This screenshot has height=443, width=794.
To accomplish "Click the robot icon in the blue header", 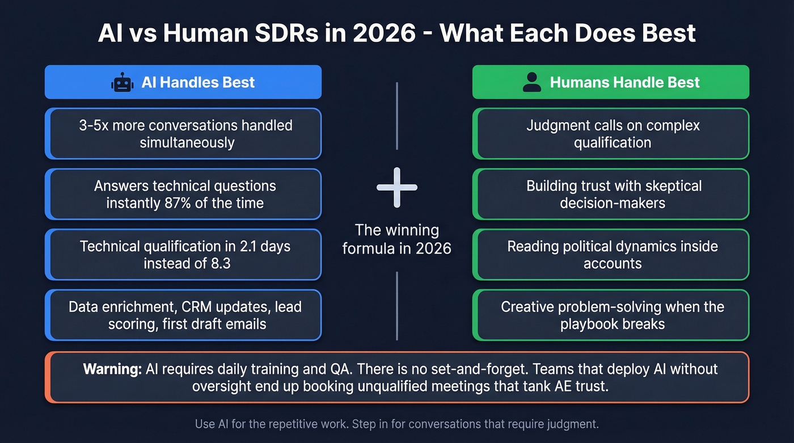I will pos(123,83).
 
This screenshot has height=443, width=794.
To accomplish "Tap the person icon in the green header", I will pos(531,83).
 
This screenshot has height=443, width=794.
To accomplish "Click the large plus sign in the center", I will pos(397,187).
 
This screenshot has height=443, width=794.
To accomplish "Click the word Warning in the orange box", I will pos(112,369).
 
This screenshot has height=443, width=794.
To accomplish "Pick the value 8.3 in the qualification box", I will pos(218,263).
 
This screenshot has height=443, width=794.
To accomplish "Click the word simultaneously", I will pos(187,142).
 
